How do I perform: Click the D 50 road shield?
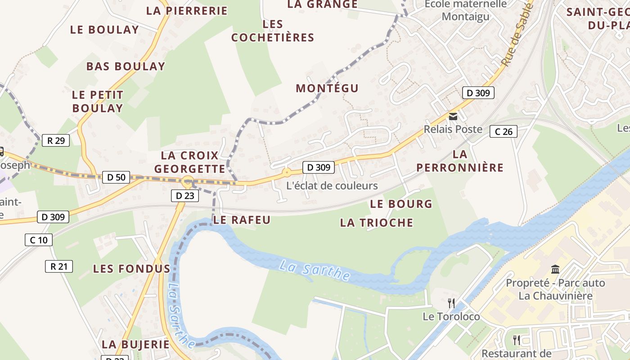click(x=116, y=177)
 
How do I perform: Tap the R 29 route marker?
click(x=56, y=140)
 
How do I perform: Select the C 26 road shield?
click(x=503, y=131)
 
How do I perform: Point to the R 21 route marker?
click(x=59, y=266)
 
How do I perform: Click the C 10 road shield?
click(x=38, y=240)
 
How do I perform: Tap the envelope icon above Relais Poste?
click(x=453, y=117)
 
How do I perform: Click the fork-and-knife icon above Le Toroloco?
click(x=451, y=303)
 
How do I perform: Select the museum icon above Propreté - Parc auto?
click(x=555, y=270)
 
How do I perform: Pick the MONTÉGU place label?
click(x=327, y=88)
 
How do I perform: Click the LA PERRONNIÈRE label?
click(x=459, y=161)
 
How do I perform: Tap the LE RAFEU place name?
click(x=242, y=220)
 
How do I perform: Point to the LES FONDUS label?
click(x=131, y=269)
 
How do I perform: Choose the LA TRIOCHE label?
click(x=376, y=222)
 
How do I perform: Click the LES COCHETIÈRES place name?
click(x=273, y=31)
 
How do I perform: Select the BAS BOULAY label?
click(x=126, y=66)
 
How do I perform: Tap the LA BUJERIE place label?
click(x=135, y=345)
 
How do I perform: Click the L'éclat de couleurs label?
click(x=332, y=185)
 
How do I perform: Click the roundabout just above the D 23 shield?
click(x=188, y=182)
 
